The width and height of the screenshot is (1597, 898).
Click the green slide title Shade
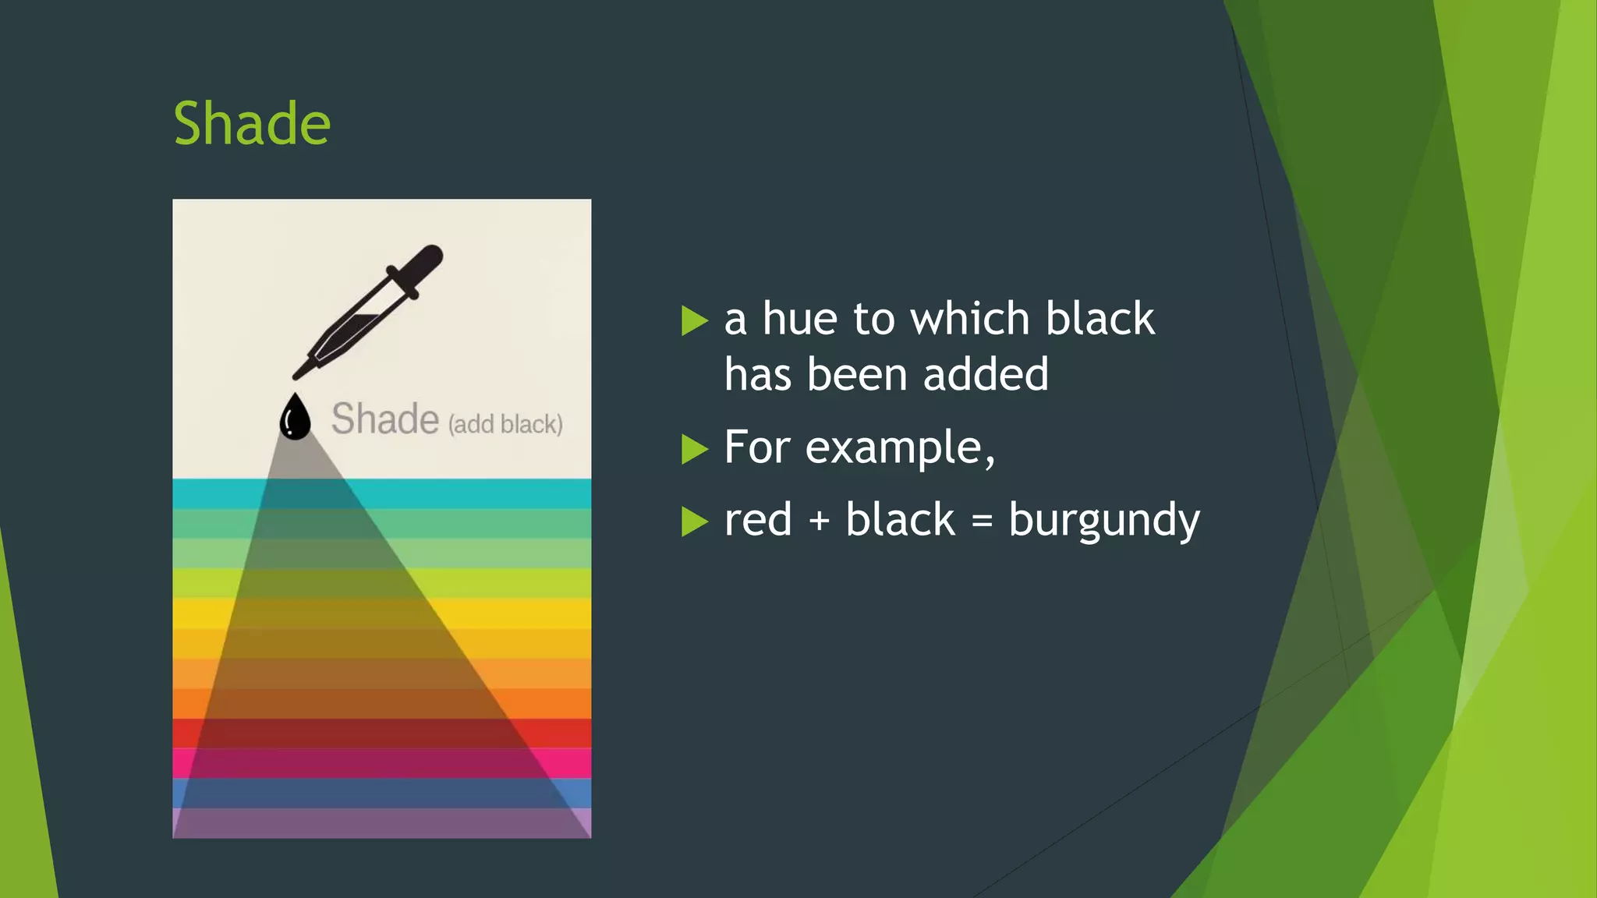[x=252, y=124]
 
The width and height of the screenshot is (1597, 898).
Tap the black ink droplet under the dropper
[x=295, y=419]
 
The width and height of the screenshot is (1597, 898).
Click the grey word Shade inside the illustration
[x=385, y=419]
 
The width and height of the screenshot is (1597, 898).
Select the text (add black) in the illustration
[x=505, y=424]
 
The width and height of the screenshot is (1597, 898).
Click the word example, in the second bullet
[x=900, y=447]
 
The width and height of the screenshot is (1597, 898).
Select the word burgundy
[x=1103, y=521]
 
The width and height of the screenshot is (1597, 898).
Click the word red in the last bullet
[x=757, y=520]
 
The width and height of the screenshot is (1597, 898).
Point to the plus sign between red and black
[x=819, y=521]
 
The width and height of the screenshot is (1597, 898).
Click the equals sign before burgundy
[x=983, y=521]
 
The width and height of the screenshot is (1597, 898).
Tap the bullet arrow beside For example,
[x=693, y=449]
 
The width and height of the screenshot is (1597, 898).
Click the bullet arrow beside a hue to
[x=693, y=320]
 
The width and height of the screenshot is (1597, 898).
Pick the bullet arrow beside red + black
[x=693, y=521]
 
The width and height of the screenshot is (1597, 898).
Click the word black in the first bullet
[x=1099, y=319]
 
